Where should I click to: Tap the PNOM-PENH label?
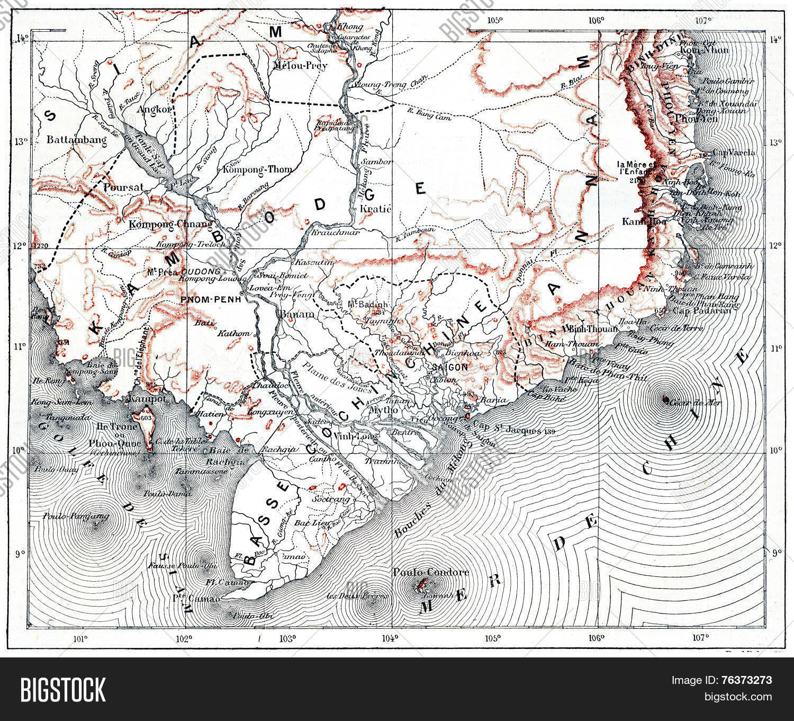[211, 299]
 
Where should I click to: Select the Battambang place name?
[77, 140]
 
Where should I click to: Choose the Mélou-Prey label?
[301, 66]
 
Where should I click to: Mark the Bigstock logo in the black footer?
[63, 689]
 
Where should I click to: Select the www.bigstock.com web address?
[721, 697]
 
